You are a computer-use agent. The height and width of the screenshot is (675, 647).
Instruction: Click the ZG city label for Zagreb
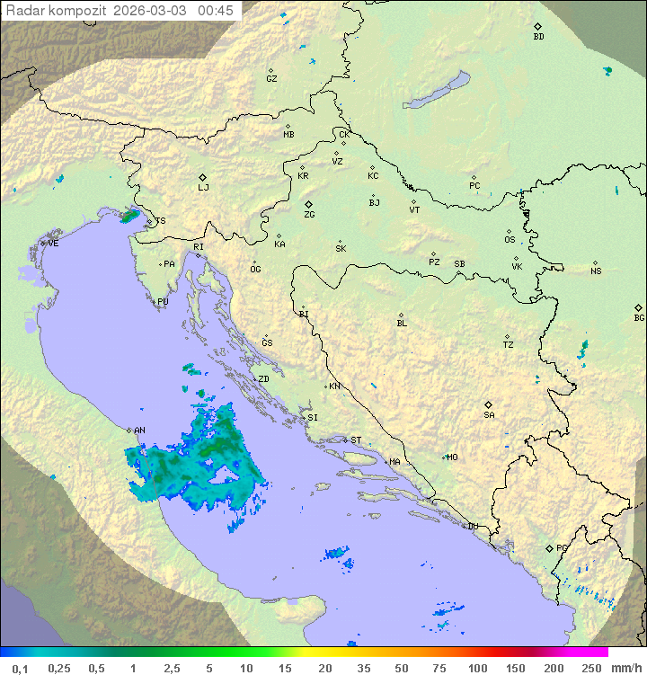pos(309,216)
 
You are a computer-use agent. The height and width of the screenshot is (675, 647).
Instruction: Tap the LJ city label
pos(203,188)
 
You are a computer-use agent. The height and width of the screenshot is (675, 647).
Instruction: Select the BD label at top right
pos(538,37)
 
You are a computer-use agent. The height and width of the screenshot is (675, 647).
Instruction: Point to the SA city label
pos(489,415)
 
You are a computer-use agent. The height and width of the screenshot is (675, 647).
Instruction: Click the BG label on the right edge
pos(639,318)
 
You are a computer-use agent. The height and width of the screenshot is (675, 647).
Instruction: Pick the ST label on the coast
pos(356,440)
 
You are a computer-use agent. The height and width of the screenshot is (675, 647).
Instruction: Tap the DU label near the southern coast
pos(472,527)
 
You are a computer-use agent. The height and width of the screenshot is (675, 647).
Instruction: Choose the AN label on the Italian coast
pos(139,431)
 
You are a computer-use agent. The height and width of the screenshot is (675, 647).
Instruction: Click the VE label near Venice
pos(53,244)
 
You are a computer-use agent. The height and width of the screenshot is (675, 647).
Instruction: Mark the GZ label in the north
pos(271,79)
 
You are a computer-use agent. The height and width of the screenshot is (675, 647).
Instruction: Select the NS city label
pos(596,271)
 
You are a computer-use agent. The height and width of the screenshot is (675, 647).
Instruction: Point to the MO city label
pos(452,457)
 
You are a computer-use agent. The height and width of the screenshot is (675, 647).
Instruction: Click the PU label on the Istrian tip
pos(163,302)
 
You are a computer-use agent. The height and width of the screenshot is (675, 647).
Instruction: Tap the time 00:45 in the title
pos(216,11)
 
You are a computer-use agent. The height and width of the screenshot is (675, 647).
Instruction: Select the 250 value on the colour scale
pos(591,668)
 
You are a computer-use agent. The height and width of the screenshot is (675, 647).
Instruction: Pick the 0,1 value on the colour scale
pos(21,668)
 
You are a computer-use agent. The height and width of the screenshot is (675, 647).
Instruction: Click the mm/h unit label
pos(625,668)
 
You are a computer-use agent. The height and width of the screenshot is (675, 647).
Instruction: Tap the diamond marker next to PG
pos(549,547)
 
